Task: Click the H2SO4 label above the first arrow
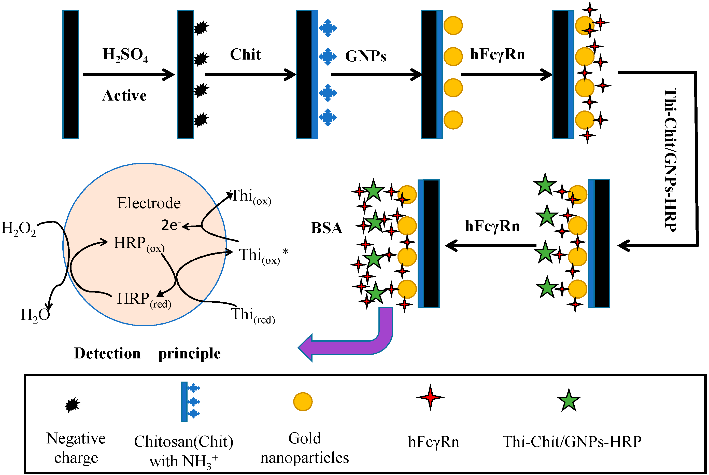point(125,55)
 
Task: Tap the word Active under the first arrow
point(124,96)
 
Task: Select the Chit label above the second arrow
point(245,55)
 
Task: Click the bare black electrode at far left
point(70,75)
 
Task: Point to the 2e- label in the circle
point(171,225)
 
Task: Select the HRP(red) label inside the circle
point(144,299)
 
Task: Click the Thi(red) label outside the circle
point(253,315)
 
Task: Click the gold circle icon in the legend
point(303,402)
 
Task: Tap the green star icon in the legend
point(569,401)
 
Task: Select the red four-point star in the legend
point(430,397)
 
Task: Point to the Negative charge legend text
point(76,448)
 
